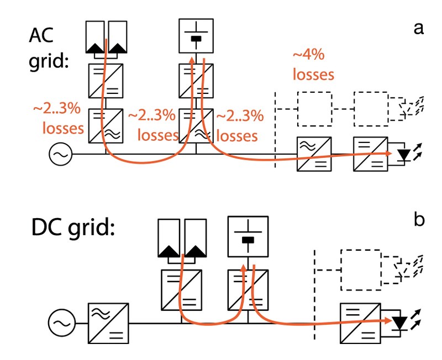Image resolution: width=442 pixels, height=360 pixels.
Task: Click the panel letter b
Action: pyautogui.click(x=418, y=220)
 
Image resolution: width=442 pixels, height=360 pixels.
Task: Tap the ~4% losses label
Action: pyautogui.click(x=313, y=65)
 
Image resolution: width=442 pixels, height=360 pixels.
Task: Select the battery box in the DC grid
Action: pyautogui.click(x=248, y=236)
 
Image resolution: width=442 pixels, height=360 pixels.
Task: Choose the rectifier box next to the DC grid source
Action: pyautogui.click(x=109, y=321)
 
